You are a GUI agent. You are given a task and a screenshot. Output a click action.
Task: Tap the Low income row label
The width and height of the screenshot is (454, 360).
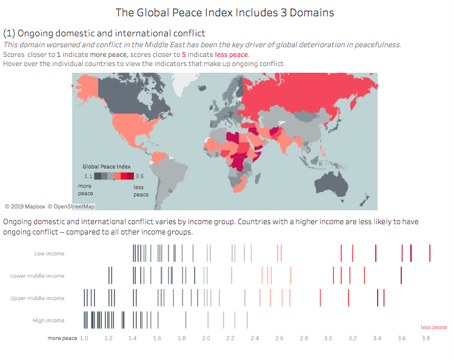coord(49,253)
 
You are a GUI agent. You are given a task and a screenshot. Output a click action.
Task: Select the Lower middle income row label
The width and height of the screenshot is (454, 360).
coord(37,276)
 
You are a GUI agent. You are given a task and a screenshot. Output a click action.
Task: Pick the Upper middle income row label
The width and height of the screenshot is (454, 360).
coord(37,298)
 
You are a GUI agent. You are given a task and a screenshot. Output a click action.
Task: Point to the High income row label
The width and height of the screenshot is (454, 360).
coord(48,320)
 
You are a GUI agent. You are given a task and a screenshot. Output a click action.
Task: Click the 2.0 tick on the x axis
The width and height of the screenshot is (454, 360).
coord(206,338)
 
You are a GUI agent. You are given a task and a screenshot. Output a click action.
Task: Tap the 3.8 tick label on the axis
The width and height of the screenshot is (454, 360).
coord(426,338)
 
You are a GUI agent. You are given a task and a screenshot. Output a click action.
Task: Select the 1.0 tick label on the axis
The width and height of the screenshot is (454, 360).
coord(84,338)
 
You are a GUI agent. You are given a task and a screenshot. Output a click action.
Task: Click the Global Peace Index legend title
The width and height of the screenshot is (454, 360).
coord(107,166)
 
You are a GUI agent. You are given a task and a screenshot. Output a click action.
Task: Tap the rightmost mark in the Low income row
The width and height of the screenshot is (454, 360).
coord(430,253)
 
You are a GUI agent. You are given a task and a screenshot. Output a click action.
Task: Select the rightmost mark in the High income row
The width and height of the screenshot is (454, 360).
coord(247,319)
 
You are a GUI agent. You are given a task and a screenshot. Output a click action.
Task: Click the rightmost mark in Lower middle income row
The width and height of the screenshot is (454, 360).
coord(401,275)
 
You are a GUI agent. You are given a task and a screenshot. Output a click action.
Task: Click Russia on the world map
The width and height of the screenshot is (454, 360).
coord(303,91)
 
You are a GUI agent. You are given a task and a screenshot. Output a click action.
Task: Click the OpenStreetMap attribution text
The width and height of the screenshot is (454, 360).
coord(71,207)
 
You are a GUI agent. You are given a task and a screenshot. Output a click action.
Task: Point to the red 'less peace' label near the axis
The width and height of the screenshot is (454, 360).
coord(434,327)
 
